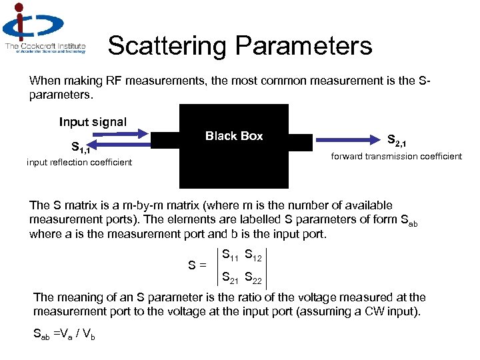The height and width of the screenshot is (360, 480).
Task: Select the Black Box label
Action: coord(234,136)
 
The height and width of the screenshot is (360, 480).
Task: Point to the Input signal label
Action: coord(93,122)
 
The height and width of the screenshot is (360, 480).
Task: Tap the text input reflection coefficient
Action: coord(79,162)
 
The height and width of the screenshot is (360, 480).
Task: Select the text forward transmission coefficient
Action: coord(397,156)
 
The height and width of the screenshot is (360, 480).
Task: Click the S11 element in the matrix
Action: coord(231,255)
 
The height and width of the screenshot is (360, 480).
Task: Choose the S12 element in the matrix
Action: coord(255,255)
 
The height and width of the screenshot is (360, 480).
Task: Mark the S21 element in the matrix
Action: coord(231,277)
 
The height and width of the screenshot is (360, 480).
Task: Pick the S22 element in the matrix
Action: coord(255,277)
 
